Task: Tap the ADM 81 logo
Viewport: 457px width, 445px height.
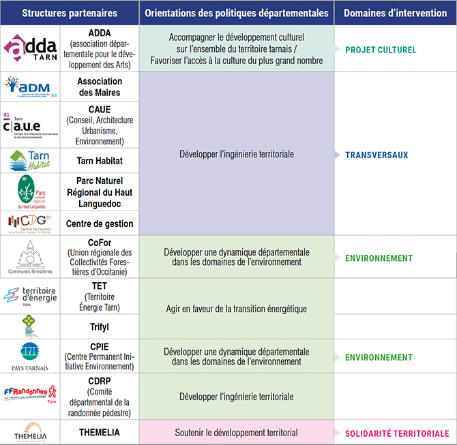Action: click(31, 87)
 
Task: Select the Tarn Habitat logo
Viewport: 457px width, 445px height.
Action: click(31, 160)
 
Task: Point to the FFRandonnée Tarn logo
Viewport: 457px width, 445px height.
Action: click(31, 396)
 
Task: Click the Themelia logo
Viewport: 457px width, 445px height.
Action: click(31, 433)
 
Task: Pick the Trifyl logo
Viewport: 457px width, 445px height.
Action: click(31, 326)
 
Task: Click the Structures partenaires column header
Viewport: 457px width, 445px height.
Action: click(70, 13)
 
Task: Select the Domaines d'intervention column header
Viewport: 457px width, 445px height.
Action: click(395, 13)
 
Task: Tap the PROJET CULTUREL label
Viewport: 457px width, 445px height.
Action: click(381, 50)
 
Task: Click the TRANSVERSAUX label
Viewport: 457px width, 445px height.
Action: click(377, 155)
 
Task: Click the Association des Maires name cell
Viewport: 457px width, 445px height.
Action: click(99, 87)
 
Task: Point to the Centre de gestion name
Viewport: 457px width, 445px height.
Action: click(100, 223)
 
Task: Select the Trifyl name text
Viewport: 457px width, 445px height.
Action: click(100, 326)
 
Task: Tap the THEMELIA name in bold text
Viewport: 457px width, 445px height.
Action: click(100, 432)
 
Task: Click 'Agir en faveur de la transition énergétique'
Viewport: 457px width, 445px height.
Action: click(237, 309)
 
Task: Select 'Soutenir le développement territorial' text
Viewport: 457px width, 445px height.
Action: click(237, 432)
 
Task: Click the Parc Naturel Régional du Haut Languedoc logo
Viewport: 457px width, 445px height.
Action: click(31, 191)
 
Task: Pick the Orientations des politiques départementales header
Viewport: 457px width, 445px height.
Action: click(237, 13)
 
